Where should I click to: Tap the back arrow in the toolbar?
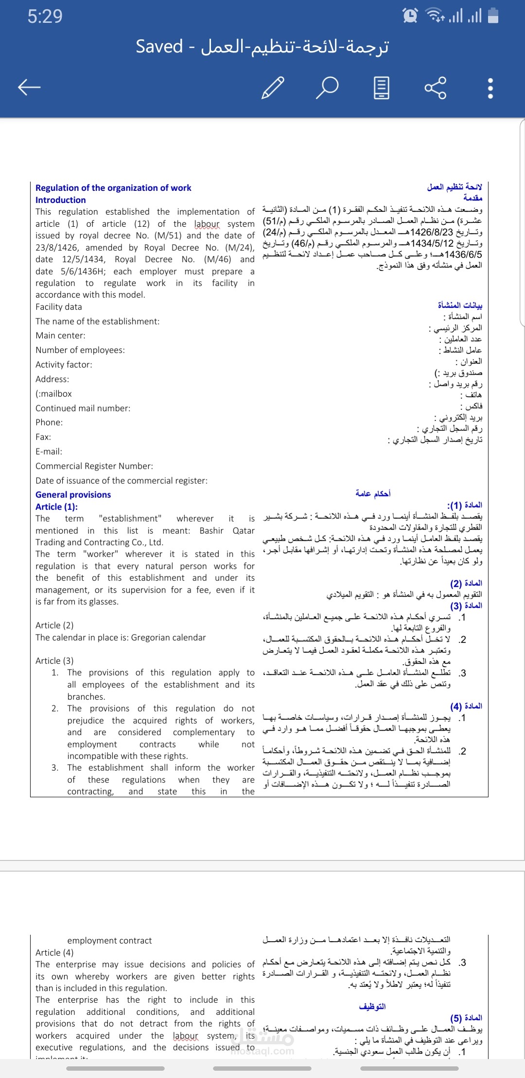[29, 87]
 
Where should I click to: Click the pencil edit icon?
[273, 87]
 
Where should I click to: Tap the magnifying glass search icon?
[328, 87]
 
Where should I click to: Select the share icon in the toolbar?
[435, 87]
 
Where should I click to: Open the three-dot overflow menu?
[490, 88]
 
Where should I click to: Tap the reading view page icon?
[382, 87]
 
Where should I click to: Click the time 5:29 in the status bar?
[45, 17]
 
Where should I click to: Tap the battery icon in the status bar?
[493, 16]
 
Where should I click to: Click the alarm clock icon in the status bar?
[410, 16]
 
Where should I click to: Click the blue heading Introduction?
[60, 200]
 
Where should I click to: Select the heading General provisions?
[73, 495]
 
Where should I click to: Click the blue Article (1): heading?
[56, 506]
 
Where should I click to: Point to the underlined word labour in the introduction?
[207, 224]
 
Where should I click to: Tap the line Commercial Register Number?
[94, 466]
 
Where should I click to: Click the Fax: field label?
[43, 437]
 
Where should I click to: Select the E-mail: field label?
[49, 452]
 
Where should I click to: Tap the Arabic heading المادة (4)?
[466, 706]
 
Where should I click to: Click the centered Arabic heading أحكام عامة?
[373, 494]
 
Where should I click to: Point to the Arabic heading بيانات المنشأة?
[460, 305]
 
